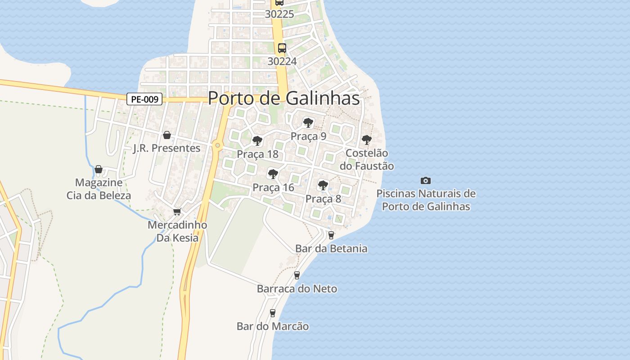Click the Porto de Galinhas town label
(284, 98)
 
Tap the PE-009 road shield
(144, 99)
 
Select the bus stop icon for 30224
(282, 48)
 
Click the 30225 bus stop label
(279, 14)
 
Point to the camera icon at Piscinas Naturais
(425, 180)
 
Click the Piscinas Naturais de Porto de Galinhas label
(426, 200)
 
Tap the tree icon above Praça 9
(308, 122)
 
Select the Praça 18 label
(257, 154)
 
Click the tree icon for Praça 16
(273, 174)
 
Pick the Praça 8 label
(323, 198)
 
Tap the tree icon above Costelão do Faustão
(367, 139)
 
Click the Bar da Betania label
(331, 248)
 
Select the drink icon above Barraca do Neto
(297, 275)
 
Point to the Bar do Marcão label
(273, 326)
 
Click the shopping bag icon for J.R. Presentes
(167, 135)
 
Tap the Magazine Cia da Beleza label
(99, 189)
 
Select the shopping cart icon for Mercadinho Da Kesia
(177, 211)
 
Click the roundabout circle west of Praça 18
(218, 145)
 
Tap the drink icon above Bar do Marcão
(272, 313)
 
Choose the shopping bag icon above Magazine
(99, 169)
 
